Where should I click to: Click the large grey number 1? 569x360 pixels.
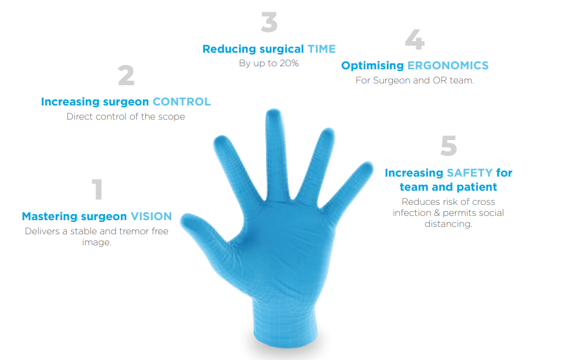click(x=97, y=189)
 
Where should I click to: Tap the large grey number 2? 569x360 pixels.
click(x=126, y=75)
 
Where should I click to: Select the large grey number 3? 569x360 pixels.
click(x=269, y=22)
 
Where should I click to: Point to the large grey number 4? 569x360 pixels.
click(x=414, y=39)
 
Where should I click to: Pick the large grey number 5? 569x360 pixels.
click(x=449, y=145)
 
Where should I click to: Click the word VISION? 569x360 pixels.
click(x=151, y=216)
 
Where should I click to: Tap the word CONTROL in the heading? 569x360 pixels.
click(x=181, y=102)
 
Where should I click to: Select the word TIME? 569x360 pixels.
click(x=321, y=49)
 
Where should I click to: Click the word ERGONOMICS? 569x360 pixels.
click(x=448, y=66)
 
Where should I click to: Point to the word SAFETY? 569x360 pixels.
click(x=470, y=173)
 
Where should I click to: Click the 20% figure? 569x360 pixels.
click(x=289, y=63)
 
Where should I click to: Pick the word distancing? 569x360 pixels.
click(x=448, y=224)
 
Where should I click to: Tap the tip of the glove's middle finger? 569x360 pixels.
click(x=274, y=110)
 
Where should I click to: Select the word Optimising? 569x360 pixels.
click(x=372, y=66)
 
